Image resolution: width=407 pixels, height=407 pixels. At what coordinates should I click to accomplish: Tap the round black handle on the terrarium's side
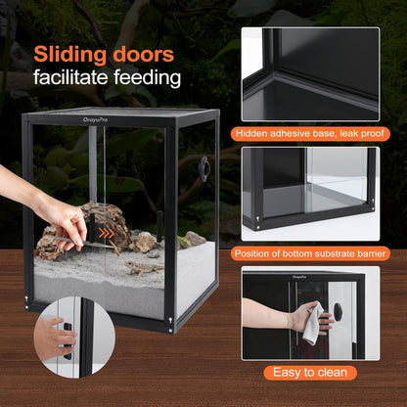click(203, 168)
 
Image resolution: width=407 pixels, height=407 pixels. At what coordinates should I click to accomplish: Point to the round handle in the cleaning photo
click(338, 311)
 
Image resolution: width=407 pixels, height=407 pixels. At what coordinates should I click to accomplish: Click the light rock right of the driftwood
click(146, 240)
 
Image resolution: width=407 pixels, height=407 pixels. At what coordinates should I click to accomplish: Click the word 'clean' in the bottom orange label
click(331, 373)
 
